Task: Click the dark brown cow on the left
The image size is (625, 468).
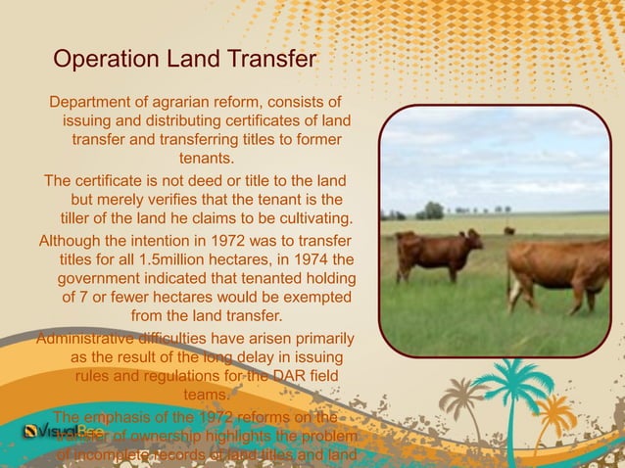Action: [x=437, y=253]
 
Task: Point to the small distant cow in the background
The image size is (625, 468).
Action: [x=508, y=231]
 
